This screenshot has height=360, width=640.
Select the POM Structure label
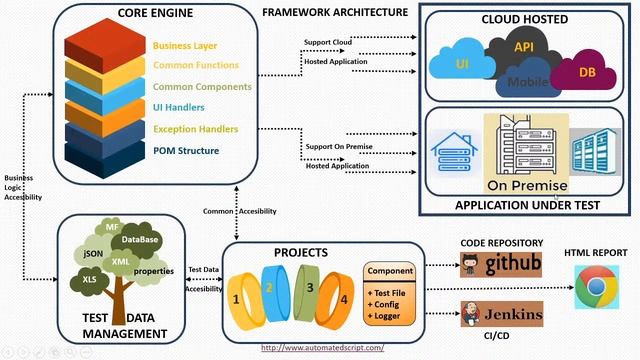(186, 151)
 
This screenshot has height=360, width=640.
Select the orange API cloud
(524, 48)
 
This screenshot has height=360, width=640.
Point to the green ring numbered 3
(311, 289)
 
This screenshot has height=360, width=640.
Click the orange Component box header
(391, 271)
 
